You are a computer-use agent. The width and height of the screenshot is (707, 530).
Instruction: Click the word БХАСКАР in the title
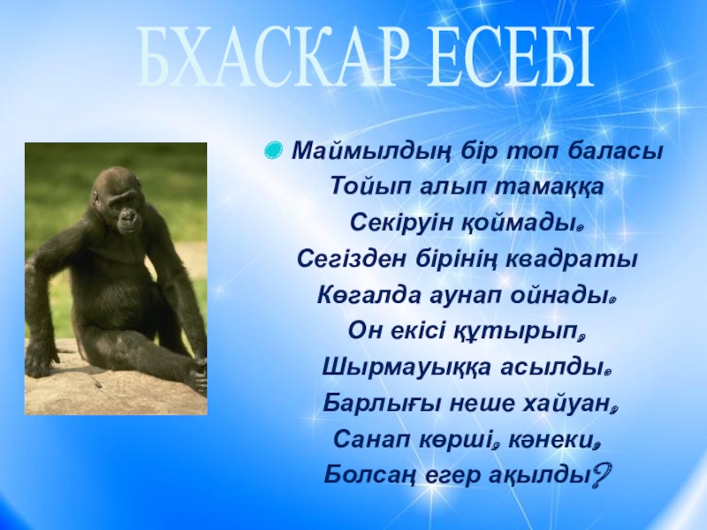pos(268,57)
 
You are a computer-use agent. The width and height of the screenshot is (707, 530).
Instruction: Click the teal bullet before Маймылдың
pos(274,149)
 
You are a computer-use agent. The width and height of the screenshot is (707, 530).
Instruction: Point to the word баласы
pos(614,151)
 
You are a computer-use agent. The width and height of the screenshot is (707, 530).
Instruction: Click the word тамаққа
pos(549,186)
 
